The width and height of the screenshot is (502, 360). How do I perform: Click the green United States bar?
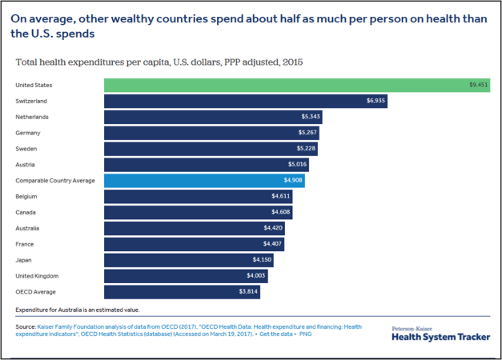(x=296, y=85)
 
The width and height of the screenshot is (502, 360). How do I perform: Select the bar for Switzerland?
(x=245, y=101)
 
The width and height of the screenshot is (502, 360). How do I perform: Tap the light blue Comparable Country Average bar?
(x=204, y=181)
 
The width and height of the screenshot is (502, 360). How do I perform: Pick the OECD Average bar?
(x=182, y=292)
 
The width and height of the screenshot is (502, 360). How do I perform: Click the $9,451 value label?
(x=479, y=85)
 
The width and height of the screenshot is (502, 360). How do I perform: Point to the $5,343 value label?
(x=308, y=117)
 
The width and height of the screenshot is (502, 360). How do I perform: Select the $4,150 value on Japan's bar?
(x=262, y=260)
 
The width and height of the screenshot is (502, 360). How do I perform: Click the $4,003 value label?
(x=255, y=276)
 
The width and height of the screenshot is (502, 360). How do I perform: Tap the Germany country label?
(x=28, y=133)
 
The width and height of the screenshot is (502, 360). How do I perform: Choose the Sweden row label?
(x=26, y=149)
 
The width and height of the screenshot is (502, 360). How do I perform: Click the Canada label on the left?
(x=26, y=213)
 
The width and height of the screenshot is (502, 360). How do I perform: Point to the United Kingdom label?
(x=37, y=276)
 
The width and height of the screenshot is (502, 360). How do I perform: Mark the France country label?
(x=25, y=244)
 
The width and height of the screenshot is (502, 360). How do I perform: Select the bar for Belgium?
(x=198, y=197)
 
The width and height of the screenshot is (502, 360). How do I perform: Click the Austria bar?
(x=206, y=165)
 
